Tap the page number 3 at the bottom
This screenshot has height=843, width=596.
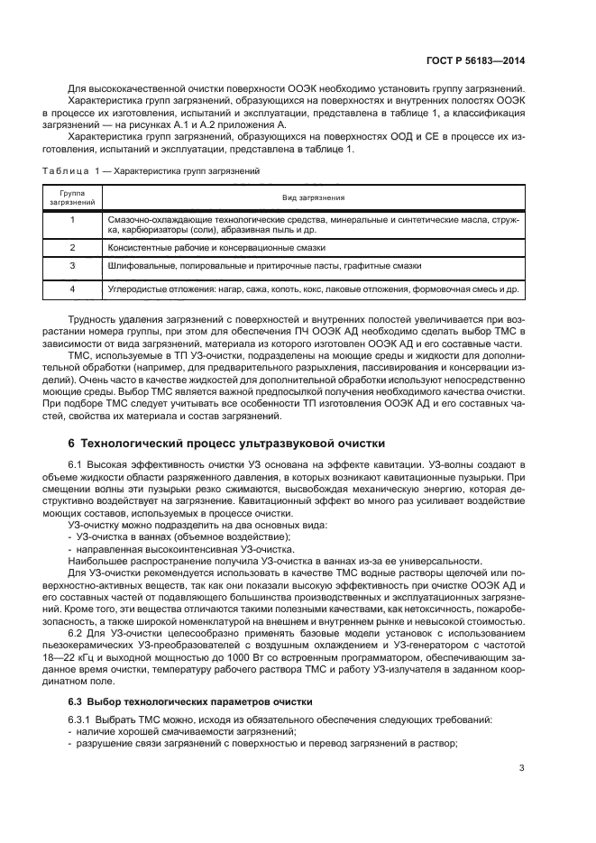tap(522, 768)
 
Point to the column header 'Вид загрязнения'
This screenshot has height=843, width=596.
tap(313, 198)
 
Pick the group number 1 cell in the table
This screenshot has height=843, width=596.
tap(72, 219)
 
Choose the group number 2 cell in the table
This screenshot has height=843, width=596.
tap(72, 246)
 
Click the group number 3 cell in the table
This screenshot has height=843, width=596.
tap(72, 267)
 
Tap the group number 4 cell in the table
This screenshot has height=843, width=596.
tap(72, 290)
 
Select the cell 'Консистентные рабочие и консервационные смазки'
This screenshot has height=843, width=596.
tap(216, 246)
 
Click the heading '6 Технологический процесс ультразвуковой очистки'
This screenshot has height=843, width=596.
tap(226, 443)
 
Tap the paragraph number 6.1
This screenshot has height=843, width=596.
tap(76, 463)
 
